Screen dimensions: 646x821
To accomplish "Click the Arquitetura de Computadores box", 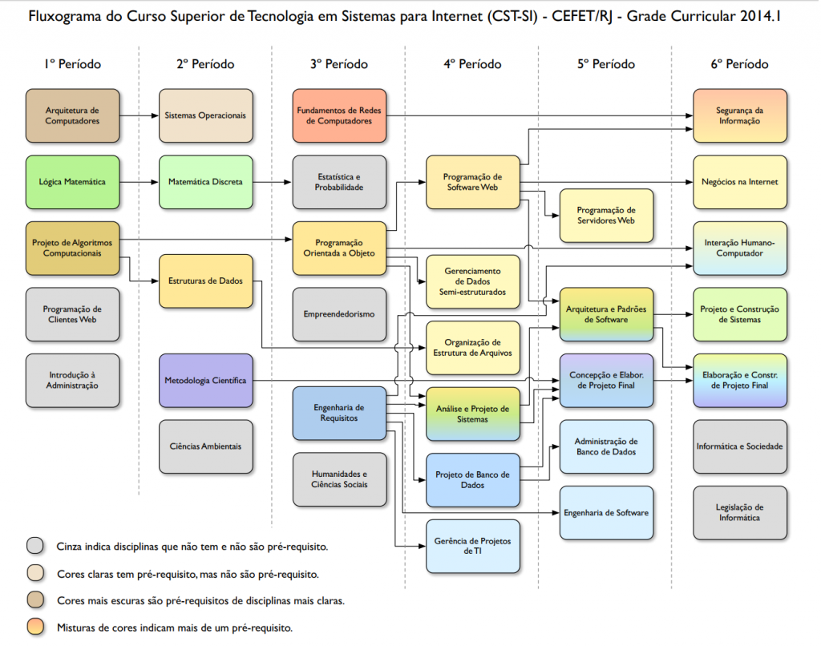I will click(72, 115).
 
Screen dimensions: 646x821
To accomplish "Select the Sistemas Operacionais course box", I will click(205, 115).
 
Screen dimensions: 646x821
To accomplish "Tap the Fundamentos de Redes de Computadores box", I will click(339, 115).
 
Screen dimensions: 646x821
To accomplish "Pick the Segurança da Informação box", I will click(739, 115).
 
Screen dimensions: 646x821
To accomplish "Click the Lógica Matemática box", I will click(72, 182).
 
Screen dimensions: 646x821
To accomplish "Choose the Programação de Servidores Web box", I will click(606, 215).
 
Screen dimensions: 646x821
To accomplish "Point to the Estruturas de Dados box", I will click(205, 281).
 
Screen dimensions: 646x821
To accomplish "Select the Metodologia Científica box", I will click(205, 380).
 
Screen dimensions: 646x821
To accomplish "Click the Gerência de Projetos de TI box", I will click(473, 546).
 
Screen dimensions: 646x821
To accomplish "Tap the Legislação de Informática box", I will click(739, 512).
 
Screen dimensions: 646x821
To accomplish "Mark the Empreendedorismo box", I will click(339, 314).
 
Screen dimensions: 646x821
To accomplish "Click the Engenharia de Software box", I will click(606, 512).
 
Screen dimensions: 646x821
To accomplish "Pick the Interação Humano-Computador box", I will click(739, 248).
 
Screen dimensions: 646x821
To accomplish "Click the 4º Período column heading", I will click(472, 64).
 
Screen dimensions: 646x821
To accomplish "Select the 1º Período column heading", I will click(73, 64).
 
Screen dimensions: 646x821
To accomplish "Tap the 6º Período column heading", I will click(739, 64).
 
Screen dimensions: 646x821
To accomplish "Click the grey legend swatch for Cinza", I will click(34, 547).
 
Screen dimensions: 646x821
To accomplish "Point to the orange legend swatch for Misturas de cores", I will click(34, 628).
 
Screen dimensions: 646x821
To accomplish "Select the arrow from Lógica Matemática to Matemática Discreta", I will click(139, 182).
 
